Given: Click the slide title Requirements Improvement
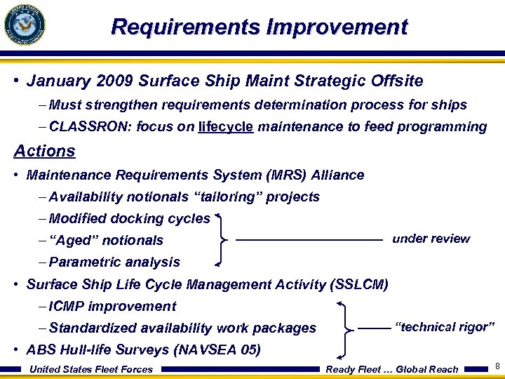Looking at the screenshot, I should click(x=259, y=27).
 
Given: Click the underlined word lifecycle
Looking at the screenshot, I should click(x=226, y=127).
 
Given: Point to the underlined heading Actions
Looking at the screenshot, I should click(x=44, y=151).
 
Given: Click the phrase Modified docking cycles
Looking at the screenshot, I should click(x=130, y=219).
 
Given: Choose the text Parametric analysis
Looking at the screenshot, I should click(x=114, y=262).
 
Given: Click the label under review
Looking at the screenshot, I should click(x=431, y=239).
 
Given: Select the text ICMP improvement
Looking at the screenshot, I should click(x=112, y=307).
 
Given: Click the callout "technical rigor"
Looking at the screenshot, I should click(x=445, y=327).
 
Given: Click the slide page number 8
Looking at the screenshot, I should click(x=497, y=366).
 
